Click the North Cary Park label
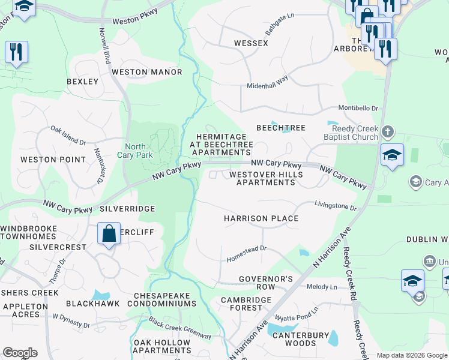pos(139,151)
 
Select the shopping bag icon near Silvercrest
pos(109,233)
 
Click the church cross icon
pos(388,131)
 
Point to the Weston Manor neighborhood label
pos(146,72)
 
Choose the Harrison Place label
pos(261,218)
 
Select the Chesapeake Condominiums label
pos(165,299)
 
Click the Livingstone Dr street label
pos(336,207)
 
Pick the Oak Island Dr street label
pos(68,135)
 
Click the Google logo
pos(20,353)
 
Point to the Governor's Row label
pos(265,283)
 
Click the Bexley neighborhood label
pos(83,81)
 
